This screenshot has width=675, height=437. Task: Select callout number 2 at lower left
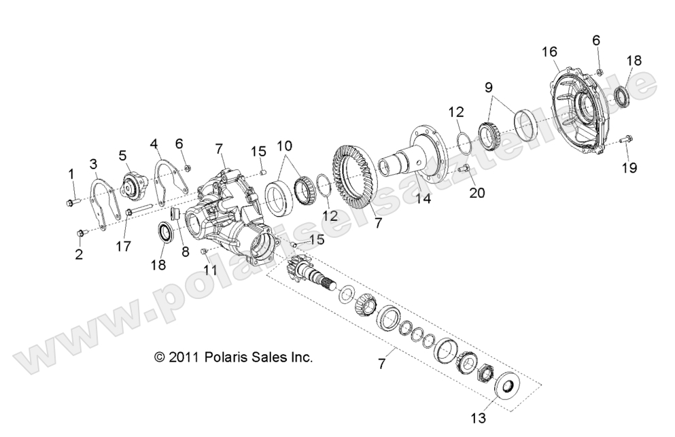79,255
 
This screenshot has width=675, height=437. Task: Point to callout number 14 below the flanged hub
423,199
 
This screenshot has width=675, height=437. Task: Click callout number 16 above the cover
549,52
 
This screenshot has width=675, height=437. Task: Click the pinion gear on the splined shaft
298,265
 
